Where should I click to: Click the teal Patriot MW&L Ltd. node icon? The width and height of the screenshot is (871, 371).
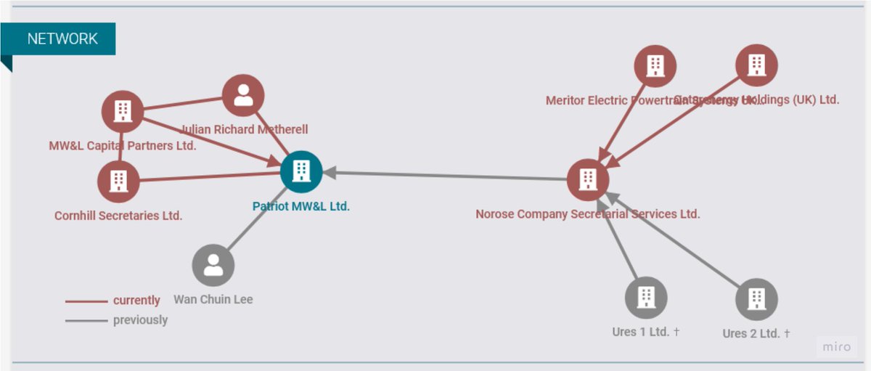pyautogui.click(x=301, y=172)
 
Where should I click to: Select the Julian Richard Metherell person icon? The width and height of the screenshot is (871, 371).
pyautogui.click(x=243, y=96)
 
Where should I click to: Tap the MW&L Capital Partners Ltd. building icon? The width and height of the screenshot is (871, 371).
pyautogui.click(x=123, y=112)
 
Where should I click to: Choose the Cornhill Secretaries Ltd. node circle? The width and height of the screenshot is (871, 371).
pyautogui.click(x=118, y=182)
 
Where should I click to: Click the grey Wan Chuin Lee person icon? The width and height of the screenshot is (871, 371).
pyautogui.click(x=213, y=265)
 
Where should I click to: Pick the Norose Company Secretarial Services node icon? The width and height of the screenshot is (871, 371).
pyautogui.click(x=588, y=179)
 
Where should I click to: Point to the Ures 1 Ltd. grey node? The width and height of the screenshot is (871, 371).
pyautogui.click(x=646, y=298)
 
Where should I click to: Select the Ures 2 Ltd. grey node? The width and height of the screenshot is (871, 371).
pyautogui.click(x=756, y=299)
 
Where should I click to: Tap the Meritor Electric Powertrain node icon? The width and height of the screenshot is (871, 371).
pyautogui.click(x=655, y=66)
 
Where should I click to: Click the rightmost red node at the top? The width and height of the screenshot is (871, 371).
pyautogui.click(x=757, y=65)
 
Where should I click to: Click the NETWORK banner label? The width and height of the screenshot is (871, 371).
pyautogui.click(x=62, y=38)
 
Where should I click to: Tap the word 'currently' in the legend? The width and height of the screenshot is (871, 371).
pyautogui.click(x=136, y=301)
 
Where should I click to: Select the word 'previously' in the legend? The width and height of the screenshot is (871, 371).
pyautogui.click(x=140, y=320)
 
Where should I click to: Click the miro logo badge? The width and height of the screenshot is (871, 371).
pyautogui.click(x=836, y=347)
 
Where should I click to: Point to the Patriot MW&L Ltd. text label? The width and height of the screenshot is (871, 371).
pyautogui.click(x=301, y=206)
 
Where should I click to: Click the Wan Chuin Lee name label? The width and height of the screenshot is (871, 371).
pyautogui.click(x=213, y=299)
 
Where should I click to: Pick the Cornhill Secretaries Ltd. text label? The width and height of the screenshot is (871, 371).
pyautogui.click(x=118, y=216)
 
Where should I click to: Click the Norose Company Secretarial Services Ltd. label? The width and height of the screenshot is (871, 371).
pyautogui.click(x=588, y=214)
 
